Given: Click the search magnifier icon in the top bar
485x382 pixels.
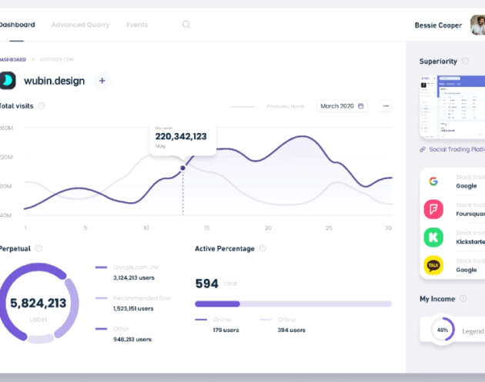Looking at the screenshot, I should point(186,25).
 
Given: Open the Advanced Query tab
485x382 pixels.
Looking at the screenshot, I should point(80,25).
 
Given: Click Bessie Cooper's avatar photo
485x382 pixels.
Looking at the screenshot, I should point(477,25).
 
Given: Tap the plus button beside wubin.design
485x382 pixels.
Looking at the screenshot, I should point(102,81).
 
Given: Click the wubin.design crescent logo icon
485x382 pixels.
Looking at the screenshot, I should point(8,81).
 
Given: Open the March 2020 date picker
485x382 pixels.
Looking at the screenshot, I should point(342,106).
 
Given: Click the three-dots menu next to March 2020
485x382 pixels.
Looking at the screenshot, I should point(386,106).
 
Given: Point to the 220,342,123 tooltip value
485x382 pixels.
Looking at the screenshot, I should point(181,137).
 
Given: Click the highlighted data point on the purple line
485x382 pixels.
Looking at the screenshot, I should point(182,168).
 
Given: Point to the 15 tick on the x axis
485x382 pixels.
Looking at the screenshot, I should point(206,228).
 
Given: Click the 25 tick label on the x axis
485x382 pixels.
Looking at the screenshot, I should point(328,228).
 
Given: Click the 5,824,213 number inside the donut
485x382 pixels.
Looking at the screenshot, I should point(38,304).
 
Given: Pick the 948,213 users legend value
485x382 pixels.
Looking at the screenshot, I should point(132,339).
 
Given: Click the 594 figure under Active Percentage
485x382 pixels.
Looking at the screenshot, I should point(206,284).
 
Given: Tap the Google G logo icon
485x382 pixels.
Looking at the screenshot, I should point(433,181).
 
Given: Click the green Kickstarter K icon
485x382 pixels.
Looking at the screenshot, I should point(433,238).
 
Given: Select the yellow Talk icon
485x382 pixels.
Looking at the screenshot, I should point(433,266).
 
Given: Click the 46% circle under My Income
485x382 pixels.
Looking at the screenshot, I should point(443,331).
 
